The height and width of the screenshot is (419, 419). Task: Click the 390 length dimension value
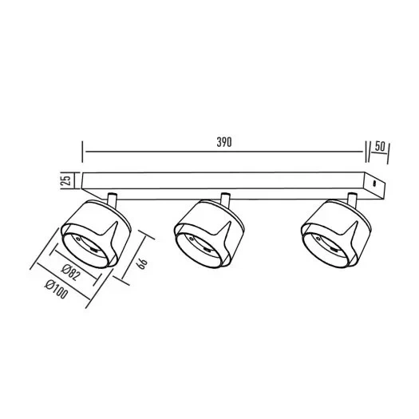224,142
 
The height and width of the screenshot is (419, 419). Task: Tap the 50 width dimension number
380,146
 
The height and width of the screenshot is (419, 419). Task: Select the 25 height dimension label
66,180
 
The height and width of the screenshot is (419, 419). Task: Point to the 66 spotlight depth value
142,263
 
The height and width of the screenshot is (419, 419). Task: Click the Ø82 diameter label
70,272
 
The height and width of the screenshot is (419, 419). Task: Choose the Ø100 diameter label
57,289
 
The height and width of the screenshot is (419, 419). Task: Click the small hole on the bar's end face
374,184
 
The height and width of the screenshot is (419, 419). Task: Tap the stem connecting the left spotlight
112,200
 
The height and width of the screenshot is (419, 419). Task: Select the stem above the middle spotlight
225,200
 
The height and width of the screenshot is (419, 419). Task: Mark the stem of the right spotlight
352,200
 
